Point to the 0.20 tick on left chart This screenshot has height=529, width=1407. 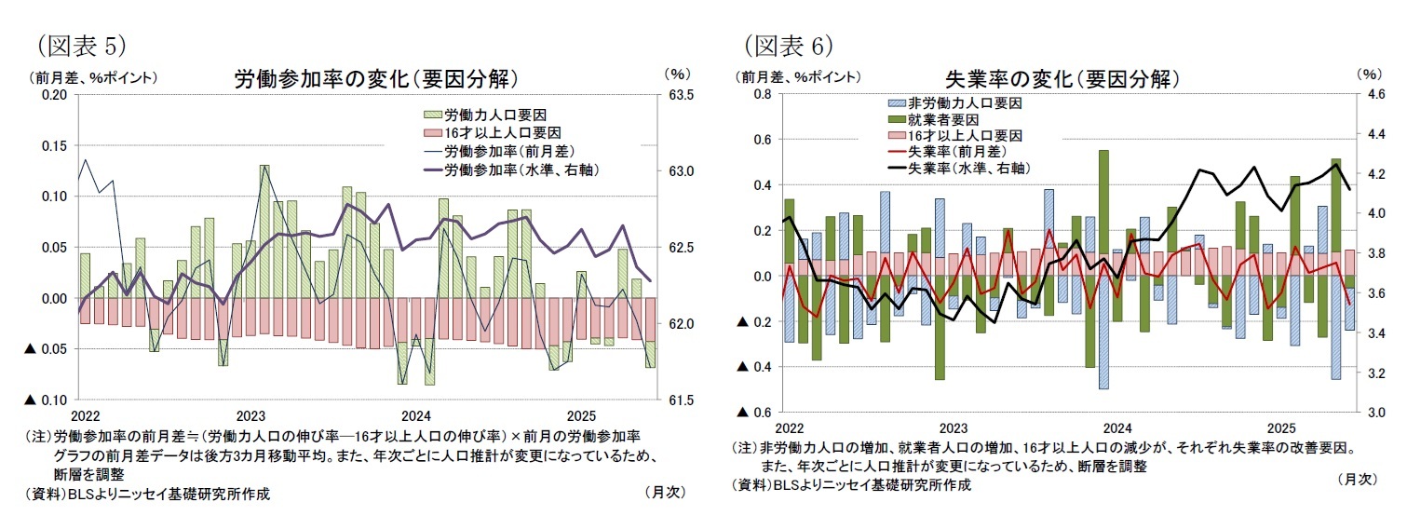(54, 95)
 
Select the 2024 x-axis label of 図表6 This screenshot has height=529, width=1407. (1117, 427)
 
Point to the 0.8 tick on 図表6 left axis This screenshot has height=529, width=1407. (762, 95)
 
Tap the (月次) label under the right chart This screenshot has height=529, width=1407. (1357, 479)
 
